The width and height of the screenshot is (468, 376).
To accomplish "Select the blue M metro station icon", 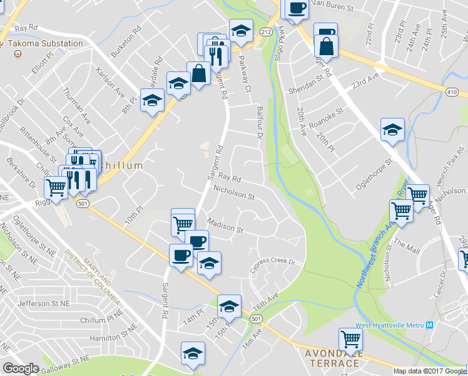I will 429,325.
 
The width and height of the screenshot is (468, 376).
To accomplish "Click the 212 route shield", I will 266,31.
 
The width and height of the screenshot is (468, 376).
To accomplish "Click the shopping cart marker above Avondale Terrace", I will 351,339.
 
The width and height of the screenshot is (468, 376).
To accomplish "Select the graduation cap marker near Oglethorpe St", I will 392,130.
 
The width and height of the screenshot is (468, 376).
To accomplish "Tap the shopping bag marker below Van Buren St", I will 327,46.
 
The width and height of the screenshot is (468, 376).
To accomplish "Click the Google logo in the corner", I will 21,368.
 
